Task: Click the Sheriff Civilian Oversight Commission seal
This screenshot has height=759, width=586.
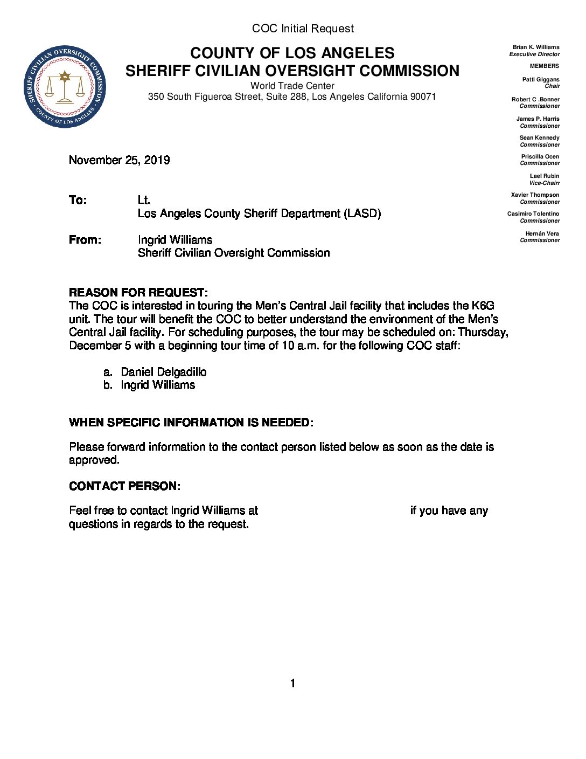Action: point(65,87)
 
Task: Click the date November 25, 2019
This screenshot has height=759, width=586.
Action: point(120,160)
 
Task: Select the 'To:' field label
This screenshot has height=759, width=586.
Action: point(78,201)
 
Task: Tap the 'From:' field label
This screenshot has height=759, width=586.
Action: point(85,240)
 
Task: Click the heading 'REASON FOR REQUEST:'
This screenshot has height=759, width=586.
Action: point(138,293)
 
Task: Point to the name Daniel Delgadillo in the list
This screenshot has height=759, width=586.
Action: point(163,372)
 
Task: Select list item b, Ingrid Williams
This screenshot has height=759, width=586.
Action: point(157,385)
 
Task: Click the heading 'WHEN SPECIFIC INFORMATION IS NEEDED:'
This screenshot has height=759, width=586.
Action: point(191,423)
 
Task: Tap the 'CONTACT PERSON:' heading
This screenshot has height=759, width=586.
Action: point(124,486)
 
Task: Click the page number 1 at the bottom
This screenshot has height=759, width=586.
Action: point(292,684)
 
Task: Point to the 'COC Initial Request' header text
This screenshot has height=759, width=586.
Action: point(303,29)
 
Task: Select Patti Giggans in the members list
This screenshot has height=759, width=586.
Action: point(540,79)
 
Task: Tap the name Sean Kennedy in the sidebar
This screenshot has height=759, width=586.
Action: point(539,138)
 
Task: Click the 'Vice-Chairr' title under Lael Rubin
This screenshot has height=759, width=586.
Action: point(544,183)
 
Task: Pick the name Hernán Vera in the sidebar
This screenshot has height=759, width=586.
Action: point(542,233)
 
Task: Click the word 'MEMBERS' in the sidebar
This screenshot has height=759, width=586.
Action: point(544,66)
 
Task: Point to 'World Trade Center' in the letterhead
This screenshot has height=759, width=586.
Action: point(292,86)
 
